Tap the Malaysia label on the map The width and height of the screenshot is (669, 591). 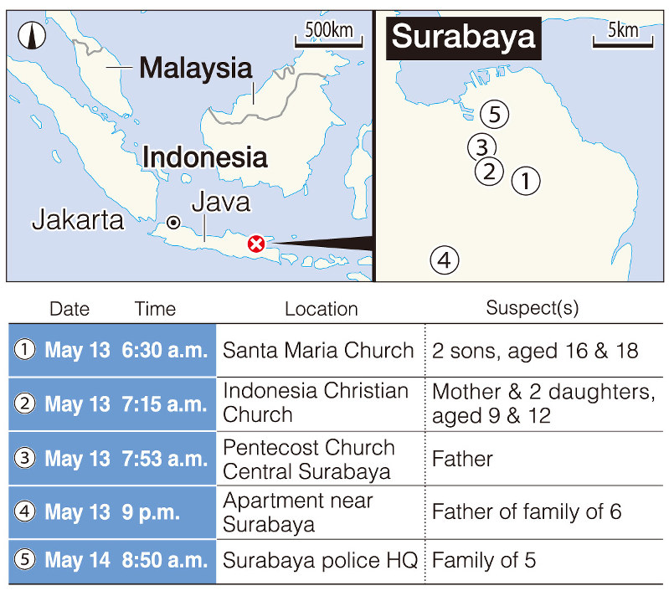point(195,67)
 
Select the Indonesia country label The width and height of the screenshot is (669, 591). point(204,157)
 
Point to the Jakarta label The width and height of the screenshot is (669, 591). point(78,220)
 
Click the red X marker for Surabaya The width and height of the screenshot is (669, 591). point(257,244)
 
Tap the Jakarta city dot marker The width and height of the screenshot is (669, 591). point(173,222)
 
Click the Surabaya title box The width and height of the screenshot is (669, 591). point(463,37)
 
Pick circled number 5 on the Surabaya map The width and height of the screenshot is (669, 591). point(494,114)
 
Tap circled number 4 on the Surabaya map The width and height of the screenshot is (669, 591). point(445,260)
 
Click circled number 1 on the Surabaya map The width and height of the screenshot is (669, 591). point(525,180)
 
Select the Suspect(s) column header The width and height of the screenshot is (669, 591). point(532,308)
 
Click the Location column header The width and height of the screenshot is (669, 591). point(321,309)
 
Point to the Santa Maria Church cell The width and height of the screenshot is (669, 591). point(318,350)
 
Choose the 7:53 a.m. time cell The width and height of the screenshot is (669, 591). point(170,459)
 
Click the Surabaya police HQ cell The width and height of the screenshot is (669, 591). point(320,561)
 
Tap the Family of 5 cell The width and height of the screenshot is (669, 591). point(484,561)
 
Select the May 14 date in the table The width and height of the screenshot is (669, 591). point(77,561)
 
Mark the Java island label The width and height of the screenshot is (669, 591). point(220,202)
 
